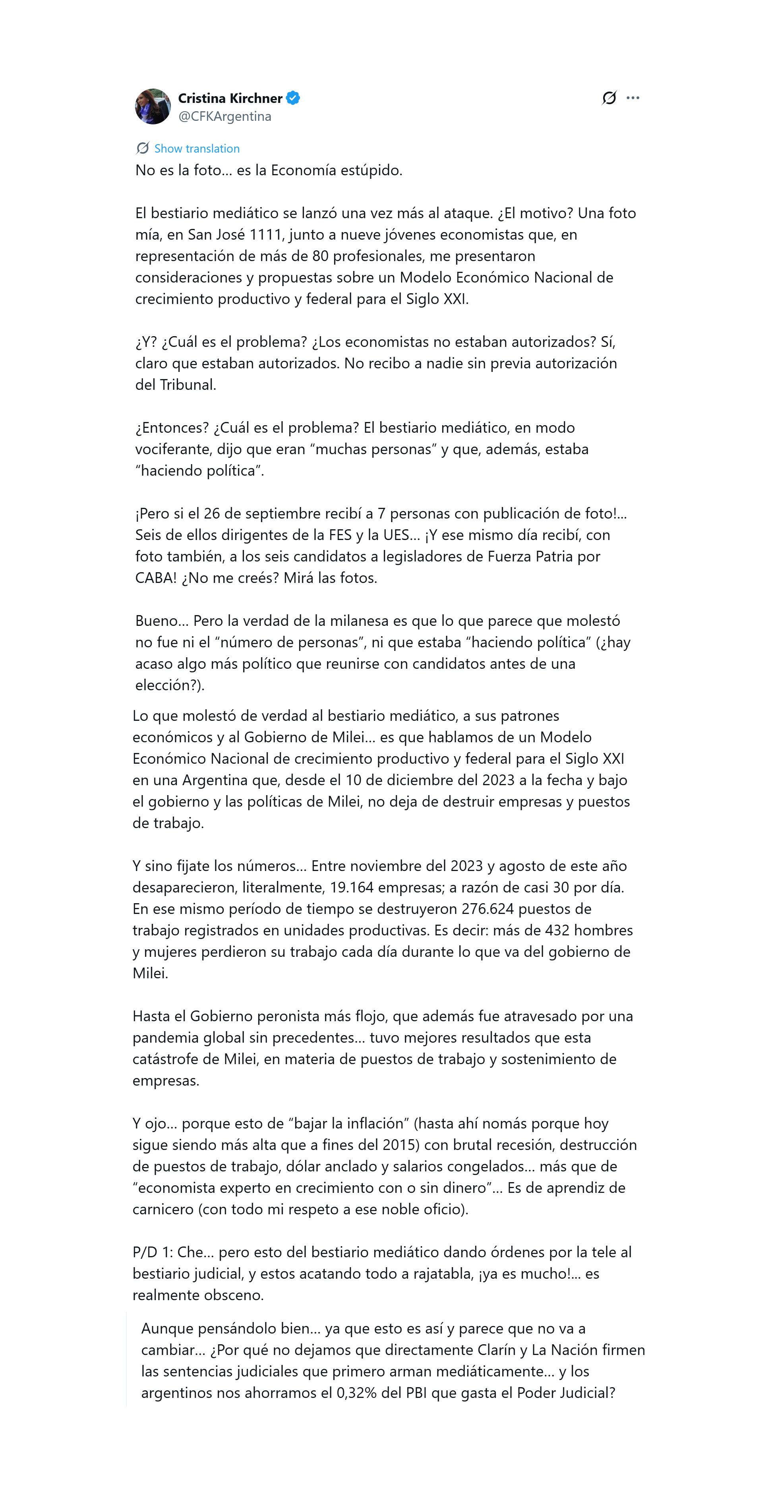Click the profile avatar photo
[x=153, y=106]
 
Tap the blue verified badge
[x=293, y=98]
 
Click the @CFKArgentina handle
[x=225, y=116]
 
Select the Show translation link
[x=197, y=148]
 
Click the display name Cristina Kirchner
[x=230, y=98]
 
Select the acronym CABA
[x=155, y=578]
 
